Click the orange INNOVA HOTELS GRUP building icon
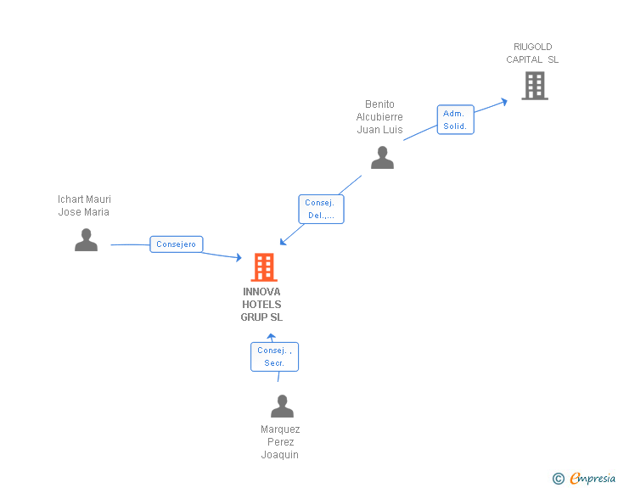tap(264, 267)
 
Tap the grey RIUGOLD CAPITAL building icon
tap(534, 86)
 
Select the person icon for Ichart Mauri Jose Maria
tap(86, 240)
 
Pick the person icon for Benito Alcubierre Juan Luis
tap(382, 158)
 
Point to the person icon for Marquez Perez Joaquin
tap(282, 407)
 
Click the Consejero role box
tap(176, 244)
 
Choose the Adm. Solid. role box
tap(455, 120)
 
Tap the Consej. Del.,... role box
tap(321, 209)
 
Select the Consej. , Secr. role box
tap(274, 356)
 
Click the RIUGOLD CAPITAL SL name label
tap(533, 53)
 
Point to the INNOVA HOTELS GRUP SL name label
tap(261, 305)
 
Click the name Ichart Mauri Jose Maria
tap(84, 206)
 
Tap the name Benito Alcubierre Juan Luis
tap(379, 117)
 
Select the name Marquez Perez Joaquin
tap(280, 442)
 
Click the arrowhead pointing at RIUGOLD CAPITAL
tap(503, 101)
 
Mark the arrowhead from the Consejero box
tap(239, 258)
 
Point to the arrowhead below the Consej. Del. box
tap(284, 243)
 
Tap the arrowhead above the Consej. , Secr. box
tap(272, 337)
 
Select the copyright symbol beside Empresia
tap(558, 479)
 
